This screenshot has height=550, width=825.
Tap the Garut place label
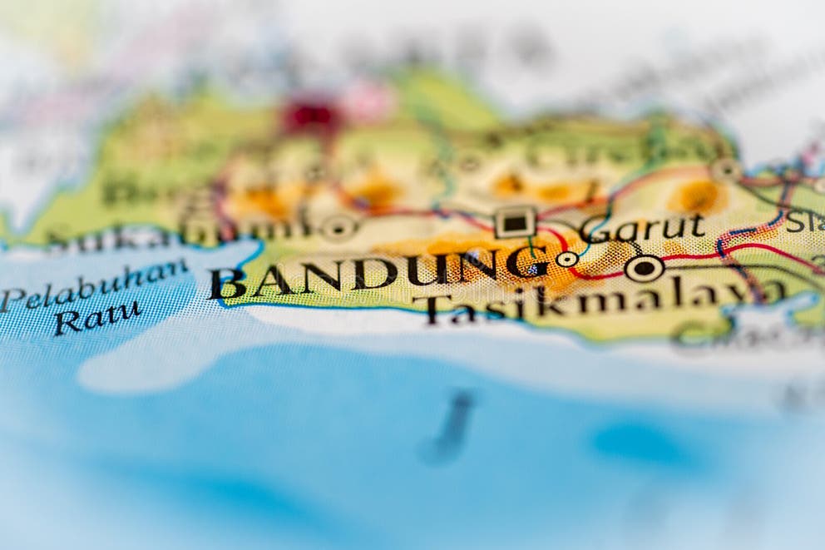click(643, 226)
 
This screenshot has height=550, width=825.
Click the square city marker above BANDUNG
click(515, 222)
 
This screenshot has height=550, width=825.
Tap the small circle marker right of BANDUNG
click(567, 259)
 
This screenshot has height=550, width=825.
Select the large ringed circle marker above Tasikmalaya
click(644, 268)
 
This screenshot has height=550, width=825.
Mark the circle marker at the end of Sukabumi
click(338, 226)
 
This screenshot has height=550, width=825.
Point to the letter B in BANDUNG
click(226, 284)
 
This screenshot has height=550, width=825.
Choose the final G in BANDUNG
click(526, 264)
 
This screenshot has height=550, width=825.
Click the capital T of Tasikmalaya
click(439, 309)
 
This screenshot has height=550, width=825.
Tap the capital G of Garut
click(595, 229)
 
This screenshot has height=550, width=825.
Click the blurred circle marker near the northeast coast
click(726, 169)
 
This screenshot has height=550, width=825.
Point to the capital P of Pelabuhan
click(12, 299)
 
